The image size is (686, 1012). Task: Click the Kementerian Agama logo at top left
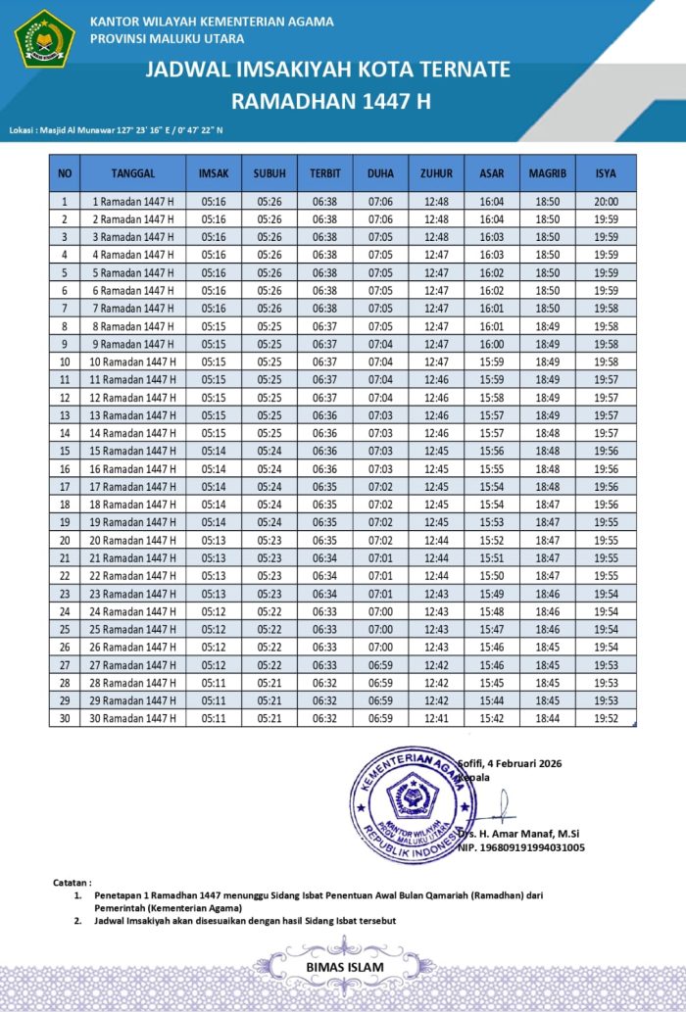(44, 38)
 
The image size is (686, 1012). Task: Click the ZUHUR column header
(436, 173)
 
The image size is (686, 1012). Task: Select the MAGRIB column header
(548, 173)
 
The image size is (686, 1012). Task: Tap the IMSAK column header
(214, 173)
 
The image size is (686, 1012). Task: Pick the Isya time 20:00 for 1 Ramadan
(606, 202)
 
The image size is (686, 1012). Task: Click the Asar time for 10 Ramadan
(492, 361)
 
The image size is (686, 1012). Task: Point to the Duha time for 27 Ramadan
(380, 664)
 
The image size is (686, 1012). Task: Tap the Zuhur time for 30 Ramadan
(436, 718)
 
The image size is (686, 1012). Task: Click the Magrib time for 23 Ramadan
(548, 594)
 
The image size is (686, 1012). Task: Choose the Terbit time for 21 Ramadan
(325, 557)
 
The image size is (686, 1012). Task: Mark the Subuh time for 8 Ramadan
(269, 326)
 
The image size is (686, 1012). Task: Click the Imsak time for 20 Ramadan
(214, 540)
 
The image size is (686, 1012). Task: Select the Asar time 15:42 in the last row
(492, 718)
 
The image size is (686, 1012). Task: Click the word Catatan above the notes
(73, 883)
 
